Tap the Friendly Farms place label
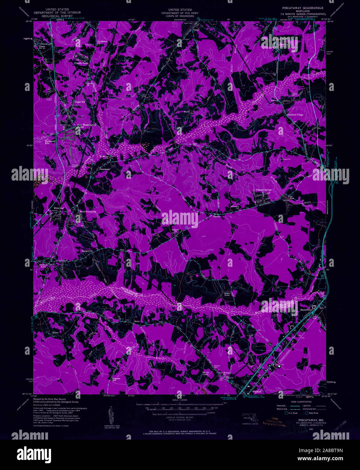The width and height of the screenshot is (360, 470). (x=81, y=63)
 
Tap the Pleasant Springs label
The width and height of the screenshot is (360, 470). (x=263, y=190)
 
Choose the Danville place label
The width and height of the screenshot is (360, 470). (x=216, y=216)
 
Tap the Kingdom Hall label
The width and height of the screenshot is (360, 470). (x=117, y=379)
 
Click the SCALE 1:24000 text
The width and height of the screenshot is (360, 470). (x=180, y=400)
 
